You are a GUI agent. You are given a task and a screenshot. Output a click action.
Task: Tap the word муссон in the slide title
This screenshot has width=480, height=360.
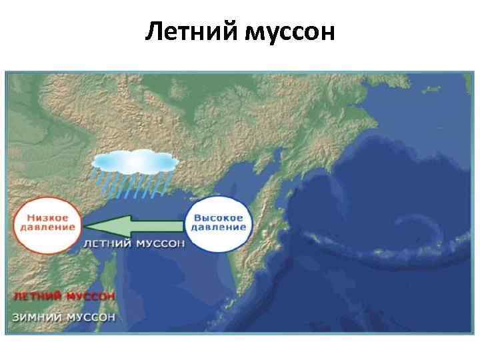[289, 31]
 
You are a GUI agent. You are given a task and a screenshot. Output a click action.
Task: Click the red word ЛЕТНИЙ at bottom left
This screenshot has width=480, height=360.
[37, 295]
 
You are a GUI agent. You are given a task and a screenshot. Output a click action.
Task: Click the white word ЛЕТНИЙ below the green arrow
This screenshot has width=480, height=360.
[107, 244]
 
